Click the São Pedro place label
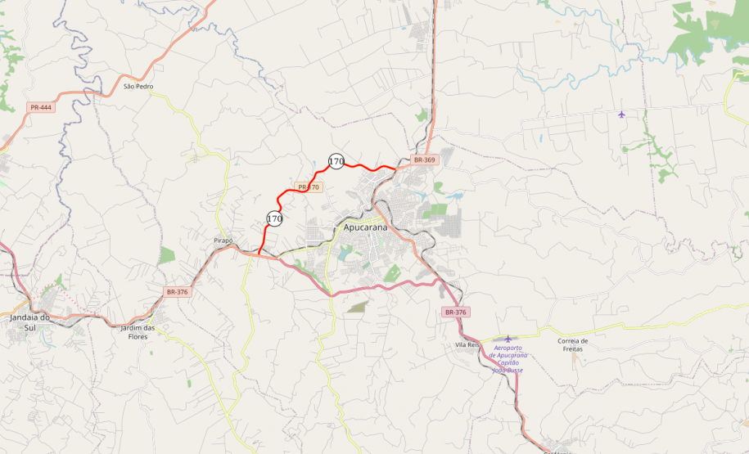pos(138,86)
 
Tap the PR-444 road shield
pos(41,107)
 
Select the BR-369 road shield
pos(424,160)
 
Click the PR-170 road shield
pos(309,187)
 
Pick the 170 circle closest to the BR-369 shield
pos(336,161)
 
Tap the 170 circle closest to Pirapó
pos(274,218)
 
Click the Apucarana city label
pos(365,227)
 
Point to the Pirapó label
pos(223,240)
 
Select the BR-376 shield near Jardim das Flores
pos(177,292)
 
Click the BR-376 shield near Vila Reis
pos(455,312)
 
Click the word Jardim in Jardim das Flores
pos(133,328)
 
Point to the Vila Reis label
pos(467,345)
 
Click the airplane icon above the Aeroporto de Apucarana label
pos(508,338)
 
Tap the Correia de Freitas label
pos(572,344)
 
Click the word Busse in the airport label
pos(515,371)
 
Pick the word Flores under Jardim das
pos(138,335)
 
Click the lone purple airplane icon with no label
pos(622,114)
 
